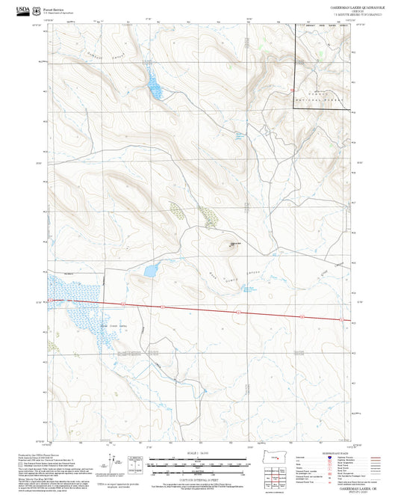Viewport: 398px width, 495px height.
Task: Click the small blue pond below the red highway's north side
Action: [x=151, y=269]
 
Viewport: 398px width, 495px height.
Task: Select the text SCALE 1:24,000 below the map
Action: [x=198, y=453]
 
